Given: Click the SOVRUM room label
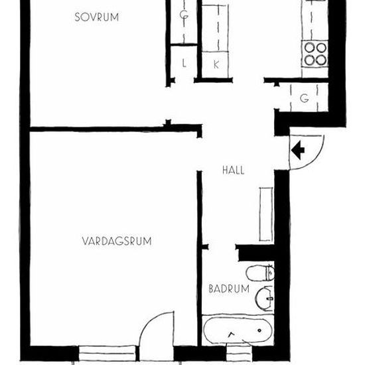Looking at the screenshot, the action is tap(97, 17).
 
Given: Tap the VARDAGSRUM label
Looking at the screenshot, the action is tap(117, 241).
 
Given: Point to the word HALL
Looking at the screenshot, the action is tap(233, 170).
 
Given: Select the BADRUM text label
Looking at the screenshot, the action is tap(229, 289).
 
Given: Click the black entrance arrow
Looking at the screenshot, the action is tap(298, 150).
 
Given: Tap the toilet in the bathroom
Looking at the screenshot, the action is tap(260, 273).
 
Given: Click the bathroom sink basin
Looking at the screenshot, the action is tap(264, 299).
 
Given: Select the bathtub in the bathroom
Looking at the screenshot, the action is tap(238, 330).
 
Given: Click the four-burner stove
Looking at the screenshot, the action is tap(315, 54).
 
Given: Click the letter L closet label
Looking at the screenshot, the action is tap(184, 63).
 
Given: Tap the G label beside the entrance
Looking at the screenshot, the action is tap(304, 98).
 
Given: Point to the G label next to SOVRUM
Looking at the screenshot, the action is tap(184, 15).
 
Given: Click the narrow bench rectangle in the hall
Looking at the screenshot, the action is tap(266, 214).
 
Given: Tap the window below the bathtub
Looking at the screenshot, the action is tap(240, 354).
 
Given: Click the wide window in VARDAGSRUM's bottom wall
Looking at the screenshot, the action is tap(107, 354).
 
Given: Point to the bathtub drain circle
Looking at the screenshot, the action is tap(259, 330).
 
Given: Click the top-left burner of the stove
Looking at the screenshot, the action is tap(309, 48).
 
